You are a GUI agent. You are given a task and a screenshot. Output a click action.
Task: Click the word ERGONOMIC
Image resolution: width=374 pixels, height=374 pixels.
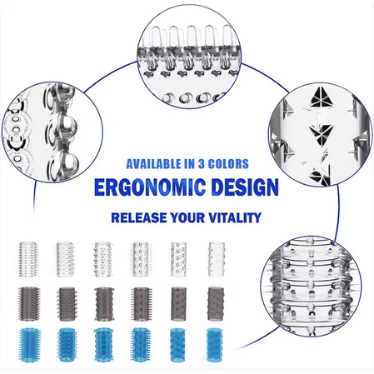(x=150, y=187)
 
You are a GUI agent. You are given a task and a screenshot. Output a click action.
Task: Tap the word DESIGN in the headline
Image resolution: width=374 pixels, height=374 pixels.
(x=245, y=187)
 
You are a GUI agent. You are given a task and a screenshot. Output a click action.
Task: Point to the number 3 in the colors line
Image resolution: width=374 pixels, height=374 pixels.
(x=202, y=164)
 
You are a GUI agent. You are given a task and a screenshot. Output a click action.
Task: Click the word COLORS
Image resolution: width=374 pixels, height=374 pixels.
(x=228, y=164)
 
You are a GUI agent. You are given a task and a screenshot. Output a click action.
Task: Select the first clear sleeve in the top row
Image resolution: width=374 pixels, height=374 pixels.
(x=27, y=259)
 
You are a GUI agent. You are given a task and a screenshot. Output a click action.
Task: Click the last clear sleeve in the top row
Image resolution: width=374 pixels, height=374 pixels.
(x=217, y=259)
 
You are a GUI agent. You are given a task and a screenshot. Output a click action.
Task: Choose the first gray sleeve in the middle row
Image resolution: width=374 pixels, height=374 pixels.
(x=29, y=304)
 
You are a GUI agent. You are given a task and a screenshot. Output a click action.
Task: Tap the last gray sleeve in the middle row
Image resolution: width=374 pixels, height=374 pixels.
(x=216, y=304)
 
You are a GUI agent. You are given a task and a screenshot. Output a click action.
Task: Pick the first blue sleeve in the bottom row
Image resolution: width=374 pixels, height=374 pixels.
(x=30, y=345)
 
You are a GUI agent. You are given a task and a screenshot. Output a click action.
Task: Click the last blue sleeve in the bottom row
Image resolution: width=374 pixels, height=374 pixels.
(x=215, y=345)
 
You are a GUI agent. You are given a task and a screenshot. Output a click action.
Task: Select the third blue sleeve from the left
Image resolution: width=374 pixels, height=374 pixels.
(x=103, y=345)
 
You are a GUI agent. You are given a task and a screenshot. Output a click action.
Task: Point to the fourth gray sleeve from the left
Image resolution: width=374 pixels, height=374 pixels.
(x=142, y=304)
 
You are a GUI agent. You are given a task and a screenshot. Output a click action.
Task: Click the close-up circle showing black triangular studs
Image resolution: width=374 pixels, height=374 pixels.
(x=320, y=134)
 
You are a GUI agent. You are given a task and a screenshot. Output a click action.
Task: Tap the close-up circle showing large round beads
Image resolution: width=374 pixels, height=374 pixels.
(x=52, y=132)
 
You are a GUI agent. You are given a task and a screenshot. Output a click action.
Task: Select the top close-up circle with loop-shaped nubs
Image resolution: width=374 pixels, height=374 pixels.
(x=189, y=57)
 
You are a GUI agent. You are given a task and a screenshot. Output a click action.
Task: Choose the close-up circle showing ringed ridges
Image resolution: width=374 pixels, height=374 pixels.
(x=312, y=287)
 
